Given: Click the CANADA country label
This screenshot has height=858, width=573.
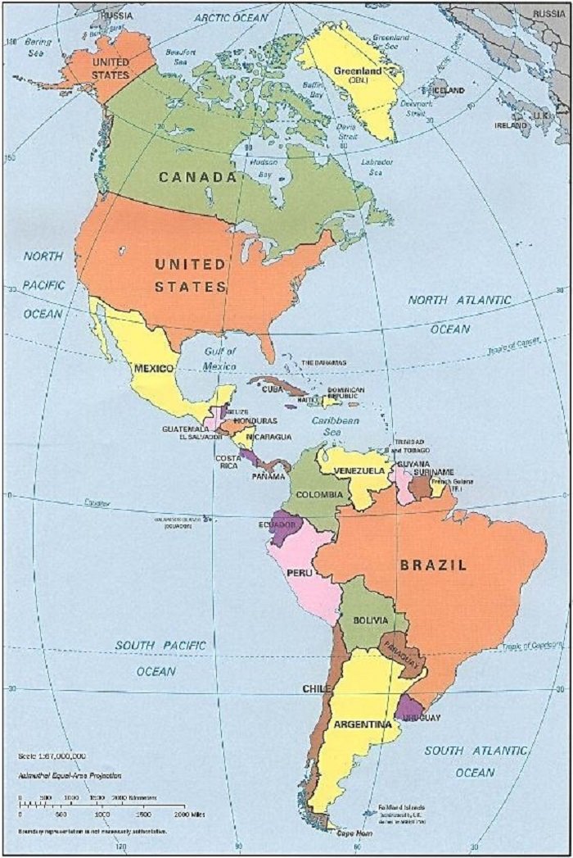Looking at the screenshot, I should tap(197, 176).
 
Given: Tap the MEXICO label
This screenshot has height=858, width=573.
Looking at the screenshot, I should tap(153, 369).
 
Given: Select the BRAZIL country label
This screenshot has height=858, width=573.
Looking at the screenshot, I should tap(433, 565).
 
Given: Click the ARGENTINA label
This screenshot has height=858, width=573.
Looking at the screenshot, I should tap(361, 724).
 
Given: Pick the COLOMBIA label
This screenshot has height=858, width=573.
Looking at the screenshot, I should tap(318, 495).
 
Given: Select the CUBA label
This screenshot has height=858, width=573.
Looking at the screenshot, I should tap(272, 389).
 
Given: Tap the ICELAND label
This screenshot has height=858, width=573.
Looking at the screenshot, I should tap(449, 90).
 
